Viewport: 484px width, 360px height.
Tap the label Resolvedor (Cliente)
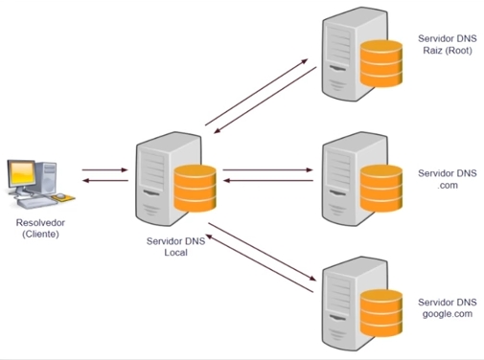click(37, 228)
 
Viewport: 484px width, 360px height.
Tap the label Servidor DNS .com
click(447, 179)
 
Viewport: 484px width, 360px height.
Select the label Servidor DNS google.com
click(447, 306)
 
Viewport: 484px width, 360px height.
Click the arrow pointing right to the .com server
click(268, 169)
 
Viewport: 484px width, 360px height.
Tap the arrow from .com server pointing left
click(268, 181)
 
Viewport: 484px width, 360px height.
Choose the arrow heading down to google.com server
click(264, 255)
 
